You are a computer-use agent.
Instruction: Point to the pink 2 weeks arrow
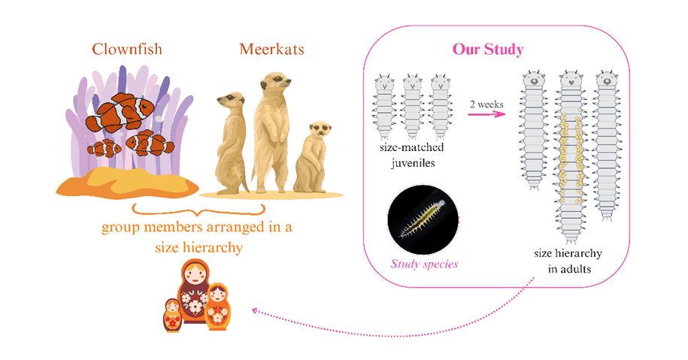[486, 115]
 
